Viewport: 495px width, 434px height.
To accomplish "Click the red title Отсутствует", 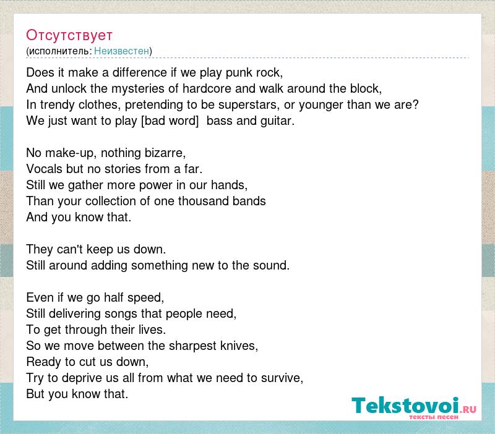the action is pyautogui.click(x=69, y=35).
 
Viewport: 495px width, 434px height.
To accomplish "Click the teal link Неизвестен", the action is pyautogui.click(x=121, y=51).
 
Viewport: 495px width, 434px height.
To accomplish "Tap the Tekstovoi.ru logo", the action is pyautogui.click(x=414, y=408).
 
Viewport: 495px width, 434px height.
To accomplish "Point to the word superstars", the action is pyautogui.click(x=249, y=105).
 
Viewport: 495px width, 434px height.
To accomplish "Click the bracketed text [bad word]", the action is pyautogui.click(x=170, y=121).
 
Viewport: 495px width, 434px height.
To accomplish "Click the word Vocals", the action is pyautogui.click(x=44, y=169).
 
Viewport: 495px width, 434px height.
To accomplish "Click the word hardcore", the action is pyautogui.click(x=207, y=89).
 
